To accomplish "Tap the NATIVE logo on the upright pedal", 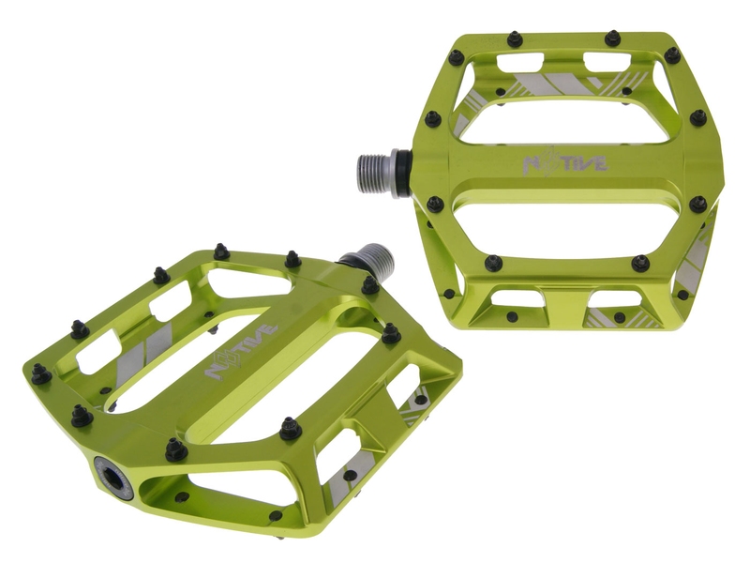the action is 566,162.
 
